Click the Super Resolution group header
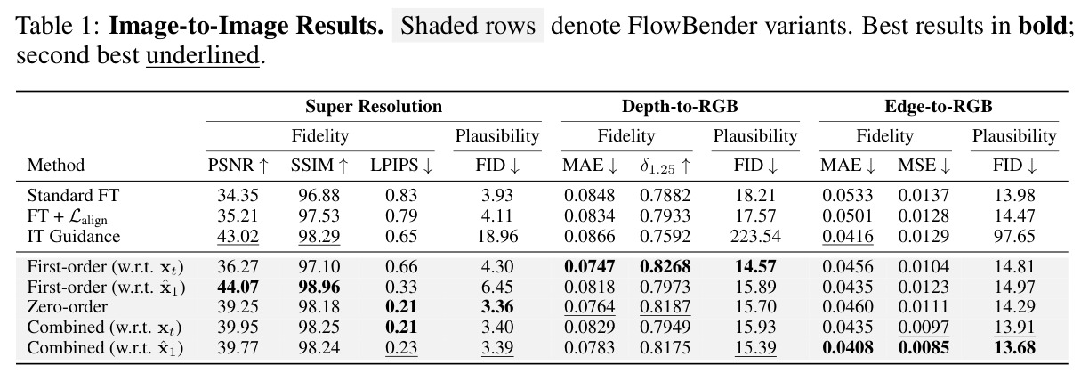tap(374, 106)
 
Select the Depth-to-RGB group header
tap(680, 106)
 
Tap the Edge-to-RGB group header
tap(939, 106)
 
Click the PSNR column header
tap(238, 166)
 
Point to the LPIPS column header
tap(401, 166)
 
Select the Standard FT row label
tap(73, 195)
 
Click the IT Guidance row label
tap(74, 236)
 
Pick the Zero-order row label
tap(67, 306)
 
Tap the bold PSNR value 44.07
tap(238, 287)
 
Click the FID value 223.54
tap(755, 236)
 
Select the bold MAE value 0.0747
tap(589, 266)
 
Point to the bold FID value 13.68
tap(1014, 347)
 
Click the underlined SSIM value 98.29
tap(319, 236)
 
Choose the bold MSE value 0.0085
tap(924, 347)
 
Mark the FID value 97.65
tap(1014, 236)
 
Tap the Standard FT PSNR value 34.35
tap(238, 195)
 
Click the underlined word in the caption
tap(203, 55)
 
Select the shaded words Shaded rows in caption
tap(468, 25)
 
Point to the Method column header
tap(56, 166)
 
